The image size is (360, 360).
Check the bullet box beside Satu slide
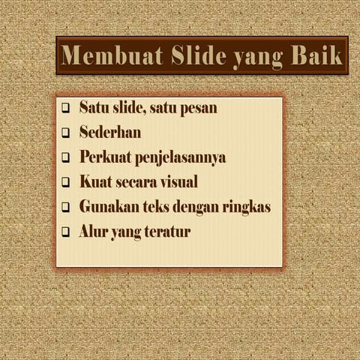(65, 108)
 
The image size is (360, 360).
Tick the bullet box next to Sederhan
(65, 133)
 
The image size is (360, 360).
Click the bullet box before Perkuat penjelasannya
(65, 158)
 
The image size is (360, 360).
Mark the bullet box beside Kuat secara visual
(65, 182)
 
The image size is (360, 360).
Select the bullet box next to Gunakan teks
(65, 207)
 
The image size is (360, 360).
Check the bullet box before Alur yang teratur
(65, 232)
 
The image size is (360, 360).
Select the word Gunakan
(106, 206)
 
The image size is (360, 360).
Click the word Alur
(93, 232)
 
